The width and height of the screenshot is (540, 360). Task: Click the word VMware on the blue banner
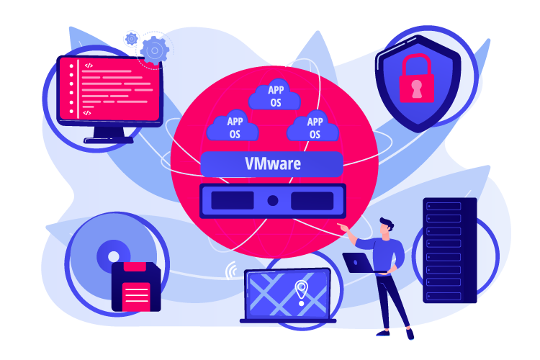pyautogui.click(x=273, y=163)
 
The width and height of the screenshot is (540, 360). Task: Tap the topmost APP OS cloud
pyautogui.click(x=274, y=95)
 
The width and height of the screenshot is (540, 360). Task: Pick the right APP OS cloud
pyautogui.click(x=312, y=126)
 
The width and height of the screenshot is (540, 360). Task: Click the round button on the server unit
pyautogui.click(x=273, y=200)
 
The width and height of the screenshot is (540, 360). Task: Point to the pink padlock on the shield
pyautogui.click(x=416, y=78)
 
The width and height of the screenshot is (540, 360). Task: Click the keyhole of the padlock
pyautogui.click(x=416, y=89)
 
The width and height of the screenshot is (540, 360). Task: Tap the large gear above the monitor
pyautogui.click(x=155, y=50)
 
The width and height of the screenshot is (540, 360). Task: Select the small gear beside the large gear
pyautogui.click(x=131, y=39)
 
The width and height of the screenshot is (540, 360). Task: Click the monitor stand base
pyautogui.click(x=109, y=140)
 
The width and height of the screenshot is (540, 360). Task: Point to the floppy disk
pyautogui.click(x=136, y=287)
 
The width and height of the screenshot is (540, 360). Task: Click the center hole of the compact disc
pyautogui.click(x=113, y=256)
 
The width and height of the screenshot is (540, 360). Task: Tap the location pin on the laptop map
pyautogui.click(x=302, y=292)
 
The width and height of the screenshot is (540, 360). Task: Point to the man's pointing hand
pyautogui.click(x=343, y=228)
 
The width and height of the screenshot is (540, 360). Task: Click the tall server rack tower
pyautogui.click(x=450, y=251)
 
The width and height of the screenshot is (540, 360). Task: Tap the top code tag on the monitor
pyautogui.click(x=89, y=66)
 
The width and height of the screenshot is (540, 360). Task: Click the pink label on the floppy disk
pyautogui.click(x=136, y=297)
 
